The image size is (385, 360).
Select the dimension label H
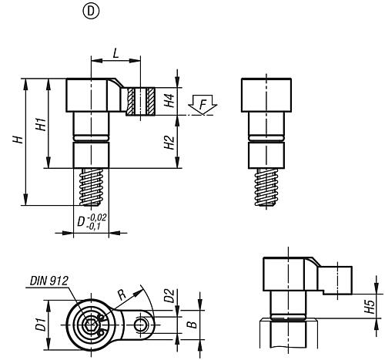16,140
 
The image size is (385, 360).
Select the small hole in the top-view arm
139,326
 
